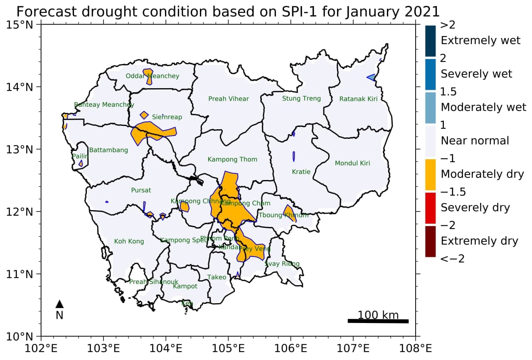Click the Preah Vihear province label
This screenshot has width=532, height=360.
click(x=229, y=99)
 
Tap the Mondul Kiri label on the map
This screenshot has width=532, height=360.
click(x=352, y=163)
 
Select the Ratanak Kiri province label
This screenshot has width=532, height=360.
click(x=358, y=99)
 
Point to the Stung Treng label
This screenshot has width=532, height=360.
click(x=301, y=99)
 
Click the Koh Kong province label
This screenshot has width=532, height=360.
click(x=129, y=242)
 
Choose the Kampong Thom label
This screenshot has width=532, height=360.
click(x=232, y=160)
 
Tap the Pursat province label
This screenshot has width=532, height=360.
click(x=141, y=190)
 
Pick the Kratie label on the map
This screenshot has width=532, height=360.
click(x=301, y=172)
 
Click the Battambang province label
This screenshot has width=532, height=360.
click(x=108, y=150)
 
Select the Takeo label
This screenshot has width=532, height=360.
click(x=217, y=277)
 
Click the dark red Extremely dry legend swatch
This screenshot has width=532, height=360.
click(x=430, y=241)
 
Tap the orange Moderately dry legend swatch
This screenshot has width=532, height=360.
click(x=430, y=174)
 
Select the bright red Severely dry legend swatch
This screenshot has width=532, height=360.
click(x=430, y=208)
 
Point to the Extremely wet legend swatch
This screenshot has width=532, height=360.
click(x=430, y=41)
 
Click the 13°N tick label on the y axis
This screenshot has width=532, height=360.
click(x=20, y=149)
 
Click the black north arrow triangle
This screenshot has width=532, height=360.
click(x=59, y=304)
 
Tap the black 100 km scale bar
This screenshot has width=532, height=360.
click(x=378, y=321)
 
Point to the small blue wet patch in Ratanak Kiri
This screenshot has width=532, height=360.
click(x=371, y=77)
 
